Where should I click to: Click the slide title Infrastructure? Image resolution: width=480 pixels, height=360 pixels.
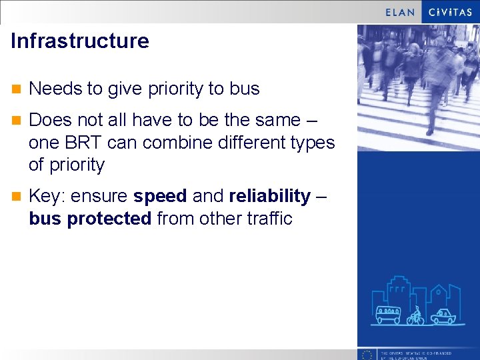(x=80, y=41)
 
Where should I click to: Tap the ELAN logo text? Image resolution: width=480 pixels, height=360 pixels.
(x=401, y=12)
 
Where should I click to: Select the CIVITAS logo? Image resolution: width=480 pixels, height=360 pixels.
(x=451, y=12)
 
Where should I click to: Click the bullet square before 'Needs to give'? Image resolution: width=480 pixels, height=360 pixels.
(x=16, y=89)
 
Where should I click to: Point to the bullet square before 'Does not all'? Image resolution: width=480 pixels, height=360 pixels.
(x=16, y=121)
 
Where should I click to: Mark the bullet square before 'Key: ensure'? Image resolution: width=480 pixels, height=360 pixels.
(x=16, y=197)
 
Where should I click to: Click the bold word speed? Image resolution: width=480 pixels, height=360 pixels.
(x=160, y=197)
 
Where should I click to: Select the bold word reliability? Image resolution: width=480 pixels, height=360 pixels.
(x=269, y=197)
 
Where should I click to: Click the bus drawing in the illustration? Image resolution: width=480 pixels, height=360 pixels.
(x=388, y=315)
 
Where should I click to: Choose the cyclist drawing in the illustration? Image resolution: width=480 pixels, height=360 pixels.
(x=416, y=315)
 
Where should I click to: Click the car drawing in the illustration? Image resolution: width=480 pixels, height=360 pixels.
(x=443, y=316)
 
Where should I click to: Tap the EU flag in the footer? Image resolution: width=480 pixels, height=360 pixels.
(x=366, y=355)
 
